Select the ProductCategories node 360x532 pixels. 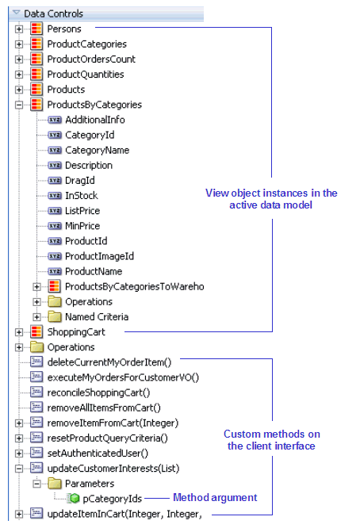click(x=86, y=44)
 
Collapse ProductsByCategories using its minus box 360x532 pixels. click(x=19, y=105)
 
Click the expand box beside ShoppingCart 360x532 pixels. click(x=19, y=332)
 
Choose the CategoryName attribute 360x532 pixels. click(x=97, y=150)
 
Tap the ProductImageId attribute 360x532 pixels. click(x=99, y=255)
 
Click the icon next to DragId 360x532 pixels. click(x=55, y=180)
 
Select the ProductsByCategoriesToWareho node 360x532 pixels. click(x=134, y=285)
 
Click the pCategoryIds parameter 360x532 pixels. click(x=112, y=498)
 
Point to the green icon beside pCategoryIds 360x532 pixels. click(x=74, y=498)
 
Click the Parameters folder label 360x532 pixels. click(x=90, y=483)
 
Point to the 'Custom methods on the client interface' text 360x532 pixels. click(x=271, y=440)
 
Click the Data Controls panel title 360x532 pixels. click(x=53, y=13)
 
